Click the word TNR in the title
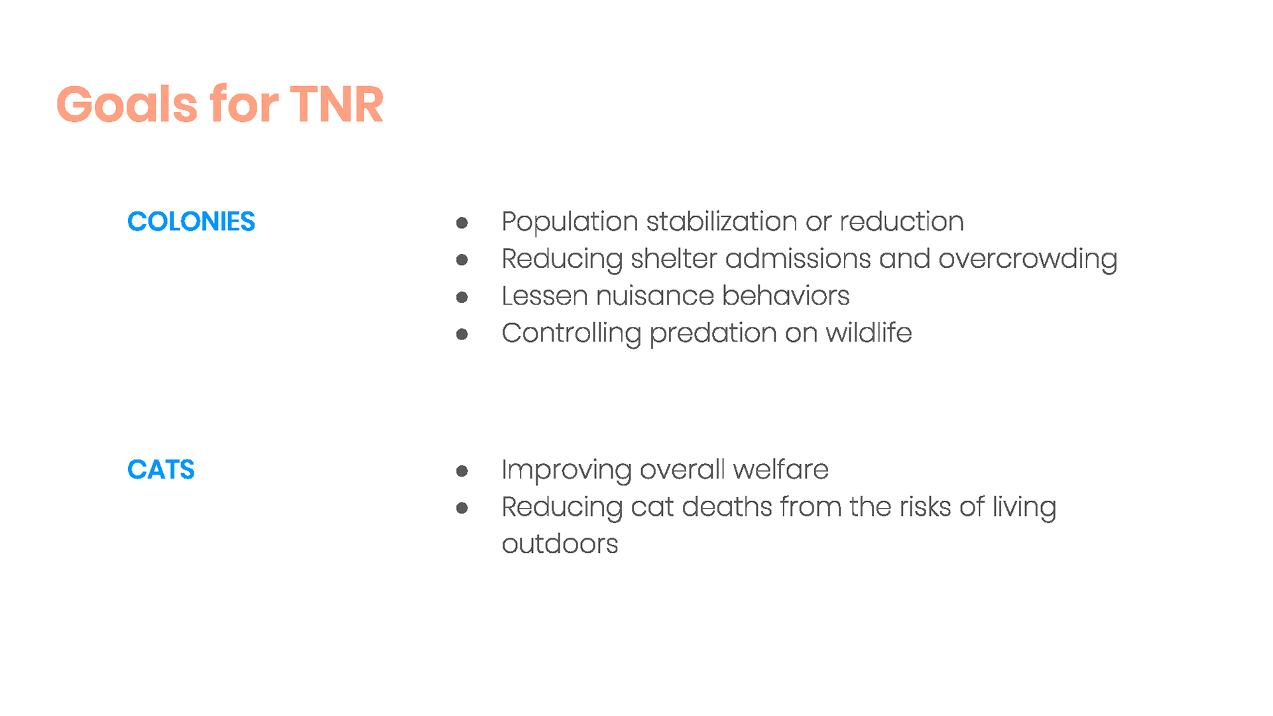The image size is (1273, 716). [x=337, y=105]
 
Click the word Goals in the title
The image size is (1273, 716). [x=127, y=104]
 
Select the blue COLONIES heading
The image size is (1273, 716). [x=191, y=221]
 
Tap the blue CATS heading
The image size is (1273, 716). [x=161, y=469]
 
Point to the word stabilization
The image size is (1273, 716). [x=721, y=221]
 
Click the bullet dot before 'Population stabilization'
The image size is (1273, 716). [x=462, y=223]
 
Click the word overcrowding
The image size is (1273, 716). [x=1028, y=259]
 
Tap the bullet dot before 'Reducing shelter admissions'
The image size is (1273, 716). [x=462, y=260]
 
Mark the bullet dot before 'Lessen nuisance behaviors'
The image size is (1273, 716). [x=462, y=297]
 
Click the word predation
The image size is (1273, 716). [x=713, y=333]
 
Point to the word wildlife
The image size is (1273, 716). [x=869, y=332]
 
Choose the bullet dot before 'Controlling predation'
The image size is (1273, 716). [x=462, y=334]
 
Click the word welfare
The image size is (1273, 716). [x=781, y=469]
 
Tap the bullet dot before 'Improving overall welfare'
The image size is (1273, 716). [x=462, y=471]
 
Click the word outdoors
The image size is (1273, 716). [x=560, y=544]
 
